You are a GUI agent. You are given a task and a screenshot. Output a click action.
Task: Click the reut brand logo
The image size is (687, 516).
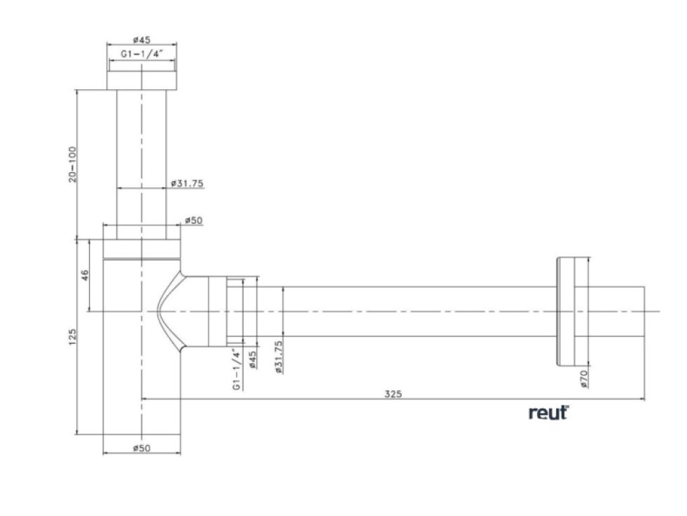click(548, 414)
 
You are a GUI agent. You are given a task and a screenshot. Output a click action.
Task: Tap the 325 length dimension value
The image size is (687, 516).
click(393, 394)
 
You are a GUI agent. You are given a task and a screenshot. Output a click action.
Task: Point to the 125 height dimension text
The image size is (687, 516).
click(72, 338)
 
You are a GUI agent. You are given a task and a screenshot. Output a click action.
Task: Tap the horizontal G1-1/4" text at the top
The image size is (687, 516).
click(141, 53)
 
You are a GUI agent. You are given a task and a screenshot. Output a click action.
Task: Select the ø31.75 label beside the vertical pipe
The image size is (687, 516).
click(186, 184)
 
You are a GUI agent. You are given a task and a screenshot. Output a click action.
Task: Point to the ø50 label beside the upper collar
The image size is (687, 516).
click(193, 220)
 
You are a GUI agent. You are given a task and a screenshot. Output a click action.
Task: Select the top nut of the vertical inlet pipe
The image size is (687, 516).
click(141, 79)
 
